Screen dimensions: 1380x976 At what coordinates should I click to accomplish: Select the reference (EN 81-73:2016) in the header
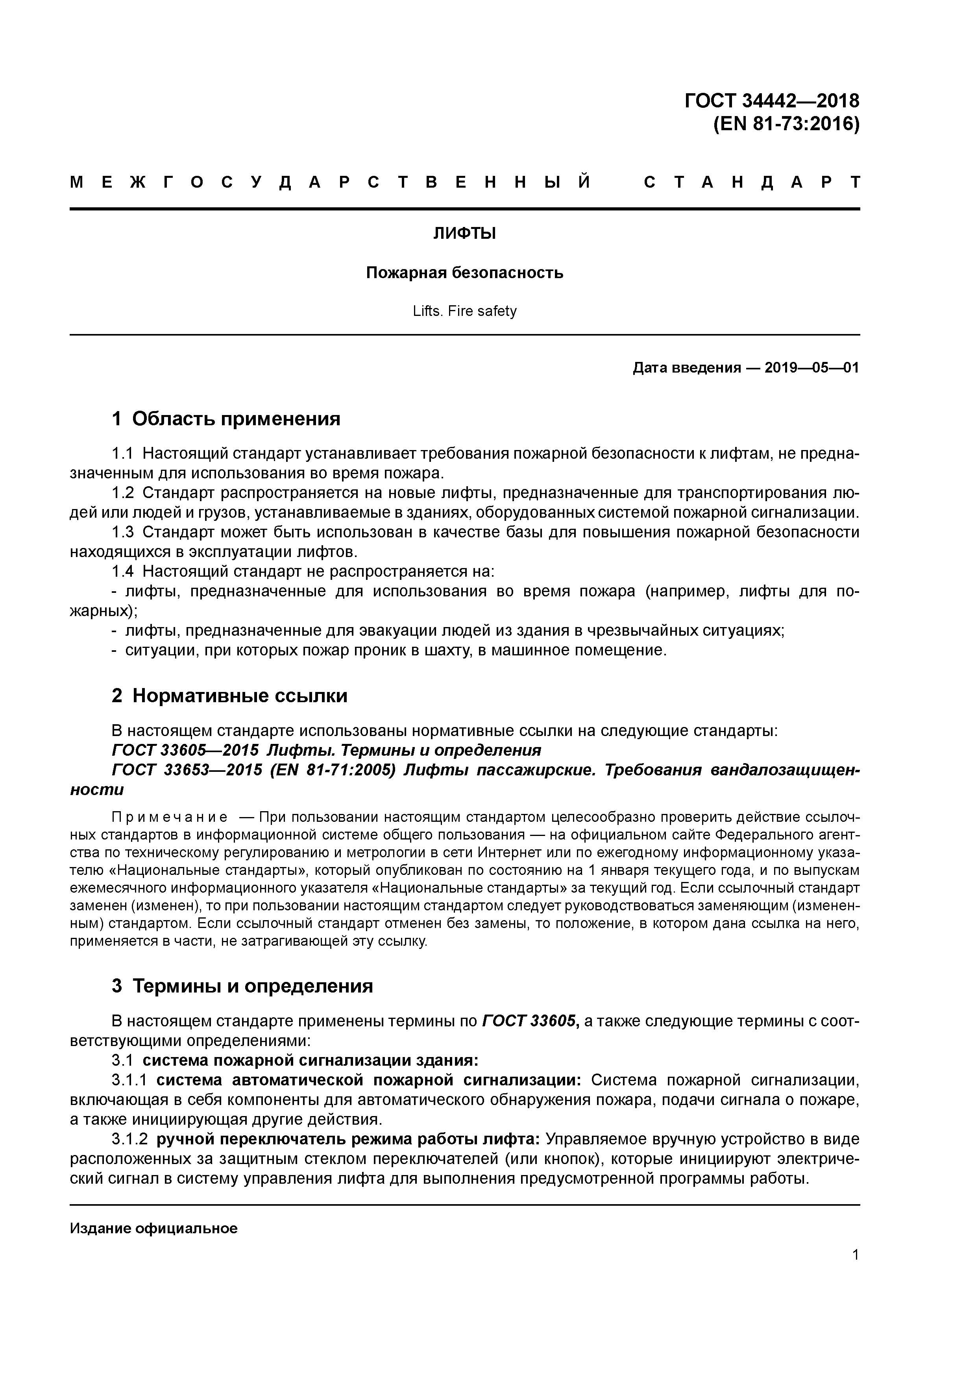click(786, 124)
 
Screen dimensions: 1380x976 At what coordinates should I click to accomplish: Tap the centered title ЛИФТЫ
click(464, 234)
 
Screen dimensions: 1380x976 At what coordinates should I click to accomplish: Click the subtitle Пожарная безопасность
click(464, 273)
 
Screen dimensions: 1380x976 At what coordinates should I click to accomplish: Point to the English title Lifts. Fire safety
click(464, 311)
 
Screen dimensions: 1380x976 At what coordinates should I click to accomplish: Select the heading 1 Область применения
click(226, 419)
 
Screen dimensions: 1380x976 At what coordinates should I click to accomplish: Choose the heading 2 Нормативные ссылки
click(230, 696)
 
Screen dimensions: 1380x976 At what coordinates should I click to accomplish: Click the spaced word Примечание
click(170, 817)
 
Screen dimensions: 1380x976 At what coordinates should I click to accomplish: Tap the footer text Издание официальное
click(153, 1229)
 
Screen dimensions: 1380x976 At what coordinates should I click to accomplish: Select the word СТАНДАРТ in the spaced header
click(752, 183)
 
